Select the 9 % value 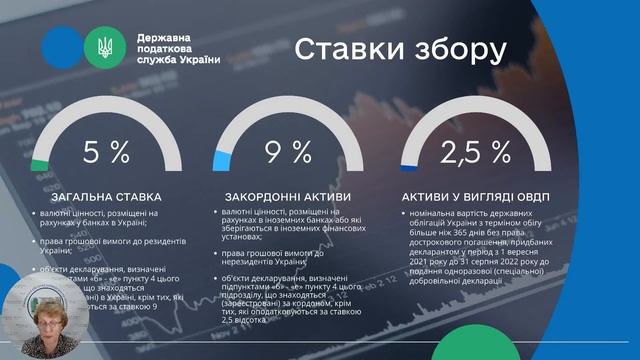click(289, 152)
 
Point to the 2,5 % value click(475, 152)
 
